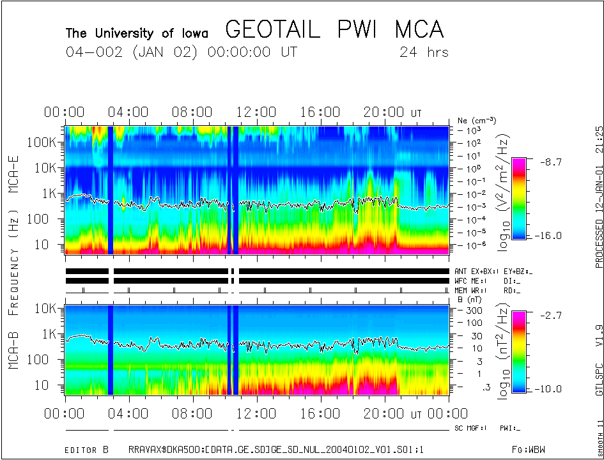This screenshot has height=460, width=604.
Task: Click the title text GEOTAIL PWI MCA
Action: [334, 30]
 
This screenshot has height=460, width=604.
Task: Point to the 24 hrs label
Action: [424, 52]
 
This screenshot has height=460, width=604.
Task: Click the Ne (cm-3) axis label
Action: [477, 120]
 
